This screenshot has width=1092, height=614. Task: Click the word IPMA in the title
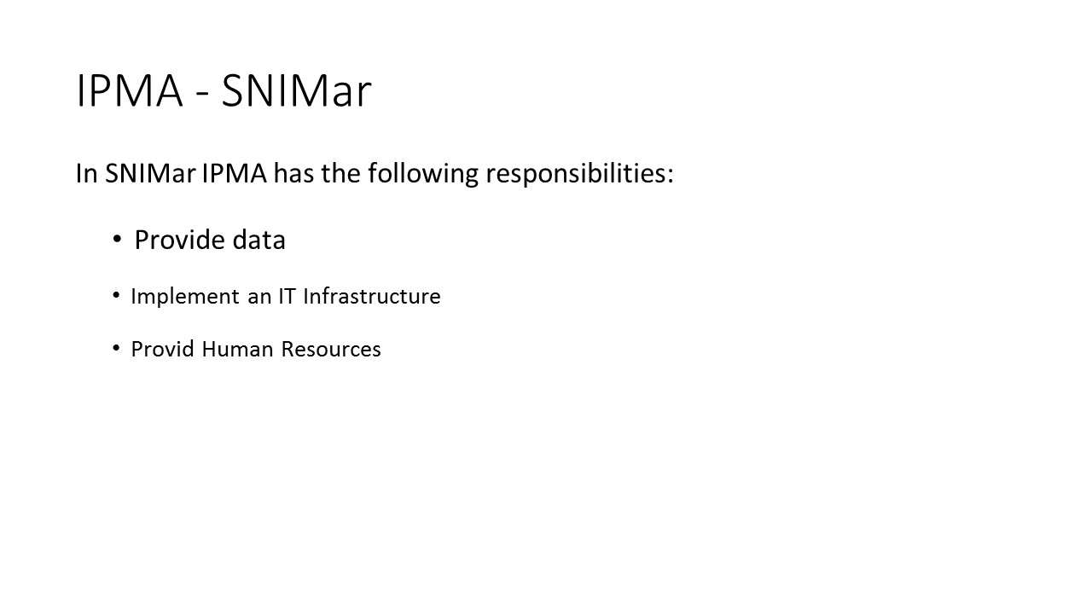pyautogui.click(x=130, y=90)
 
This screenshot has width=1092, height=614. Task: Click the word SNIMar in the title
pyautogui.click(x=296, y=90)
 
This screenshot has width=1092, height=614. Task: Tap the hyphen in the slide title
pyautogui.click(x=202, y=95)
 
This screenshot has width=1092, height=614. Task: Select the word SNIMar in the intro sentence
pyautogui.click(x=150, y=173)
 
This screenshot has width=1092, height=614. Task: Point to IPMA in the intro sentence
pyautogui.click(x=235, y=173)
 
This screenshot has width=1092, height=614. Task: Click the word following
pyautogui.click(x=423, y=174)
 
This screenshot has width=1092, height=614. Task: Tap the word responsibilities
pyautogui.click(x=575, y=174)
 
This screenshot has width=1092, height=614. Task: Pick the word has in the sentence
pyautogui.click(x=294, y=173)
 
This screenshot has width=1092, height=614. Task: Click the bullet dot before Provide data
pyautogui.click(x=117, y=239)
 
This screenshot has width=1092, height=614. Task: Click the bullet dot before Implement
pyautogui.click(x=116, y=295)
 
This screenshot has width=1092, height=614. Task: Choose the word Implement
pyautogui.click(x=185, y=297)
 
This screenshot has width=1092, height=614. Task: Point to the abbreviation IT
pyautogui.click(x=288, y=296)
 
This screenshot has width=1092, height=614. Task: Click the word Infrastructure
pyautogui.click(x=372, y=296)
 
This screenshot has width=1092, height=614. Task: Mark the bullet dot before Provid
pyautogui.click(x=116, y=348)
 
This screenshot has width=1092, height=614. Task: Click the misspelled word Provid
pyautogui.click(x=163, y=349)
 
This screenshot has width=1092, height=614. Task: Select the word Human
pyautogui.click(x=237, y=349)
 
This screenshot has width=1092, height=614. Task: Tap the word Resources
pyautogui.click(x=331, y=349)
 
